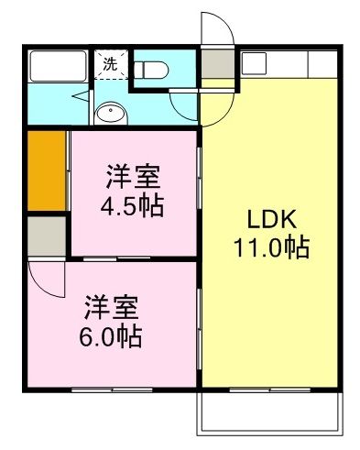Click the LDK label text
click(270, 220)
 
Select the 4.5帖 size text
click(132, 205)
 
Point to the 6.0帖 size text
click(110, 336)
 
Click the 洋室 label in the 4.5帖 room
click(133, 174)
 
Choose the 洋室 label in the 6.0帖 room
click(110, 305)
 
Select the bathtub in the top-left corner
click(56, 67)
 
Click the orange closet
click(46, 172)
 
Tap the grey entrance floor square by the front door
click(216, 66)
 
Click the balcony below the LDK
click(269, 412)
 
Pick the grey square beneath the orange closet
click(46, 236)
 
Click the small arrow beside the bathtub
click(80, 94)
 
